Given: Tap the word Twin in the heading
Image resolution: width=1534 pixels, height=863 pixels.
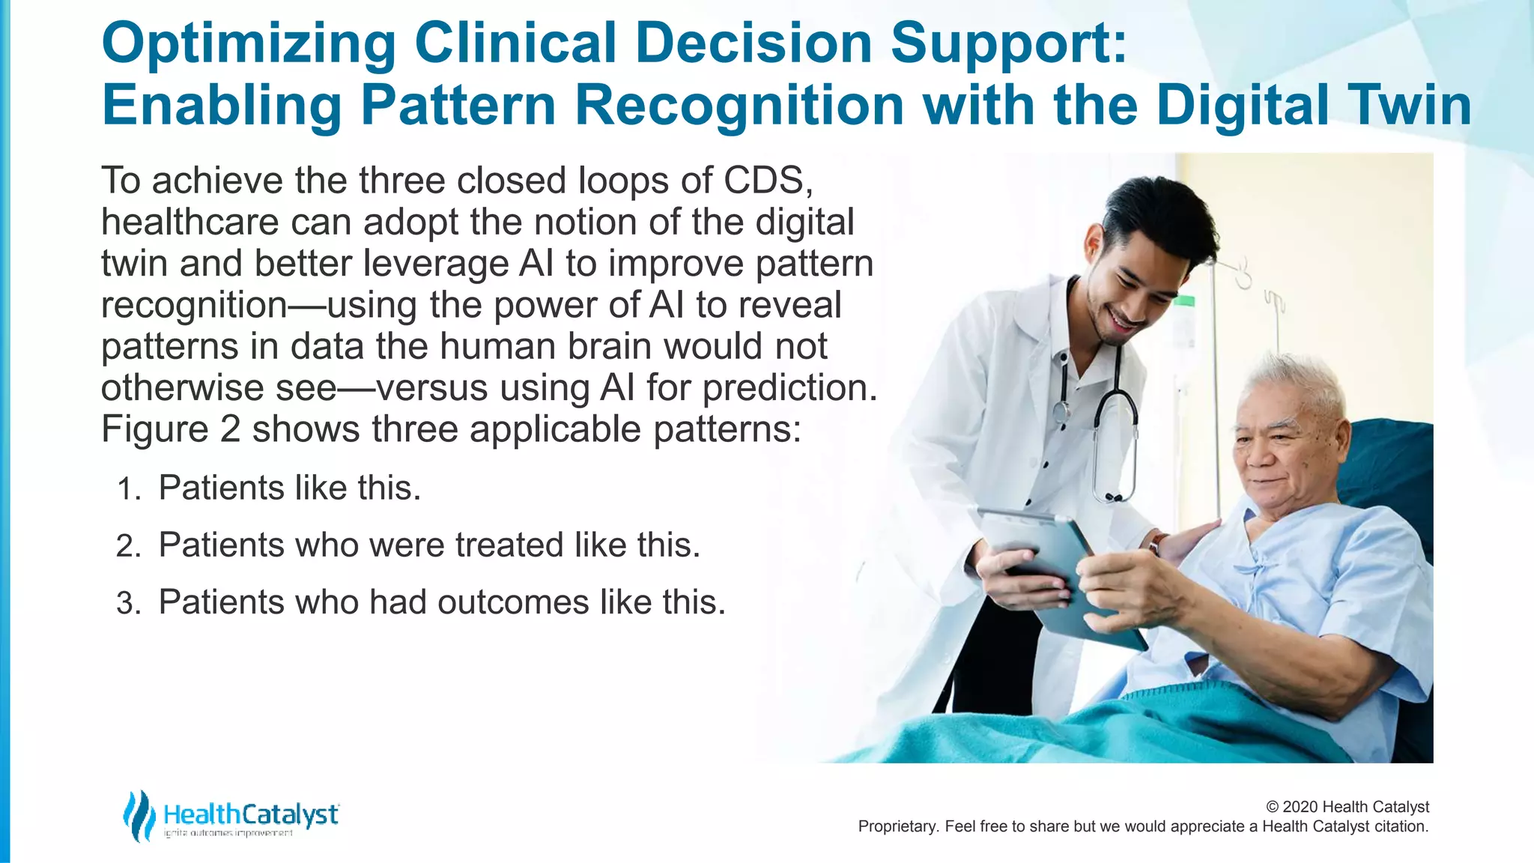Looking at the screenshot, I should pos(1409,105).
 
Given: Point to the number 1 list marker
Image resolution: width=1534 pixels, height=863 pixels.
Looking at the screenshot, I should pos(127,490).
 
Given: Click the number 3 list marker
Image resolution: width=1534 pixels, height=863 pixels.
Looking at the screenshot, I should pos(127,604).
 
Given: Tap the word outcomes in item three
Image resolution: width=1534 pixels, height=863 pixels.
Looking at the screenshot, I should pos(513,603).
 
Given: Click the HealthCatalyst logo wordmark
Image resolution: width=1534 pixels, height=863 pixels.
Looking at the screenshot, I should pos(251,814).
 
